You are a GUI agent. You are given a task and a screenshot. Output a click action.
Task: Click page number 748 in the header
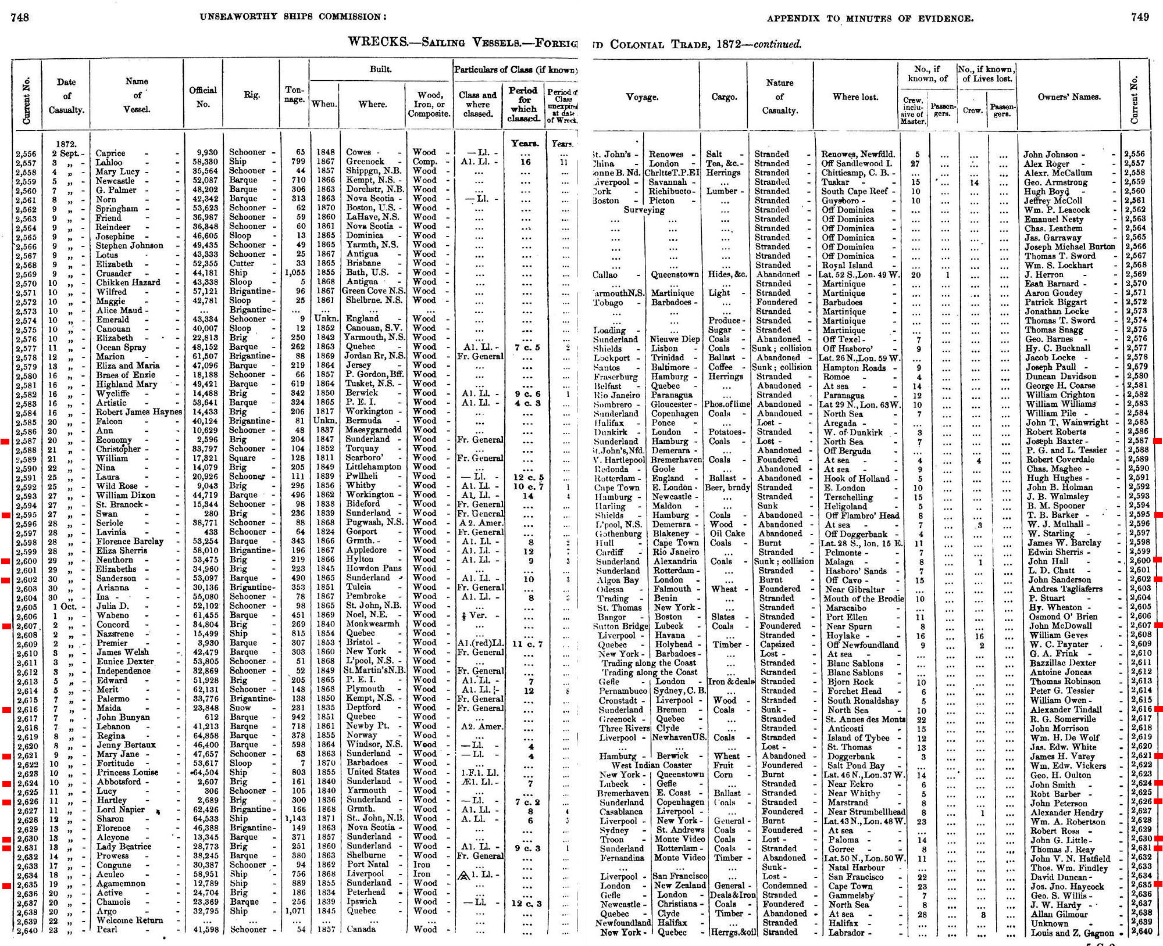(20, 17)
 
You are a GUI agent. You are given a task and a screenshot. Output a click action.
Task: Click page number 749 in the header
(1140, 17)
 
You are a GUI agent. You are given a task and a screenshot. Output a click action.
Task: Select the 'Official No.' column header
(202, 96)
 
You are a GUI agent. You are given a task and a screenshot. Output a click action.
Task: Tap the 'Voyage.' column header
(642, 97)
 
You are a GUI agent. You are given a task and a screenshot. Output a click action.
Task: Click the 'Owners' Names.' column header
(1069, 97)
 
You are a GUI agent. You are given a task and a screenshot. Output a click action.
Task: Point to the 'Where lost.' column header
(855, 97)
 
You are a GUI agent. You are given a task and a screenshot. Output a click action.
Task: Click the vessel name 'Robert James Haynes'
(138, 412)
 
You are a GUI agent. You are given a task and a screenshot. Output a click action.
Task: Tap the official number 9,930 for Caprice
(206, 153)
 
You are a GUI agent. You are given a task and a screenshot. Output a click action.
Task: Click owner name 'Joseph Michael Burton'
(1069, 246)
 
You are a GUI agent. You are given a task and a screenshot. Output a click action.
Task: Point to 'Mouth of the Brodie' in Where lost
(864, 599)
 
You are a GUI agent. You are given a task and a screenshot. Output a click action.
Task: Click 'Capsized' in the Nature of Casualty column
(776, 644)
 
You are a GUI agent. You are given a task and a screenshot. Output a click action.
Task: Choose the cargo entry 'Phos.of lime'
(727, 404)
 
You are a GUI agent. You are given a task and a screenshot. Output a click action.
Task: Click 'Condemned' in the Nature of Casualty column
(784, 886)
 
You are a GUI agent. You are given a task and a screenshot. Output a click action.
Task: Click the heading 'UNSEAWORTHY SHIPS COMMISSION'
(292, 17)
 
